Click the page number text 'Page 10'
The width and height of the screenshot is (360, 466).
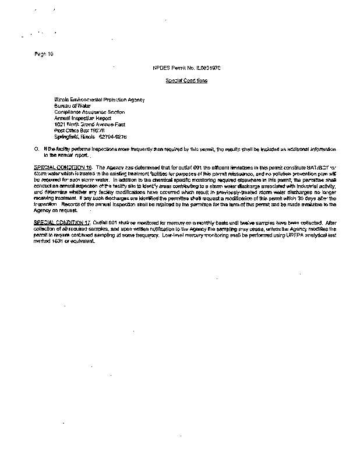tap(44, 54)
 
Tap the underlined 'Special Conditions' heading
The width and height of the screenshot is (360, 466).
tap(186, 80)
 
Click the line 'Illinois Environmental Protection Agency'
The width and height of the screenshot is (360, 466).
tap(99, 100)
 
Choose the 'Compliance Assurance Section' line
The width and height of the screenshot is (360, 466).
tap(89, 112)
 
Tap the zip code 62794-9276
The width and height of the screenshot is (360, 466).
tap(112, 137)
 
